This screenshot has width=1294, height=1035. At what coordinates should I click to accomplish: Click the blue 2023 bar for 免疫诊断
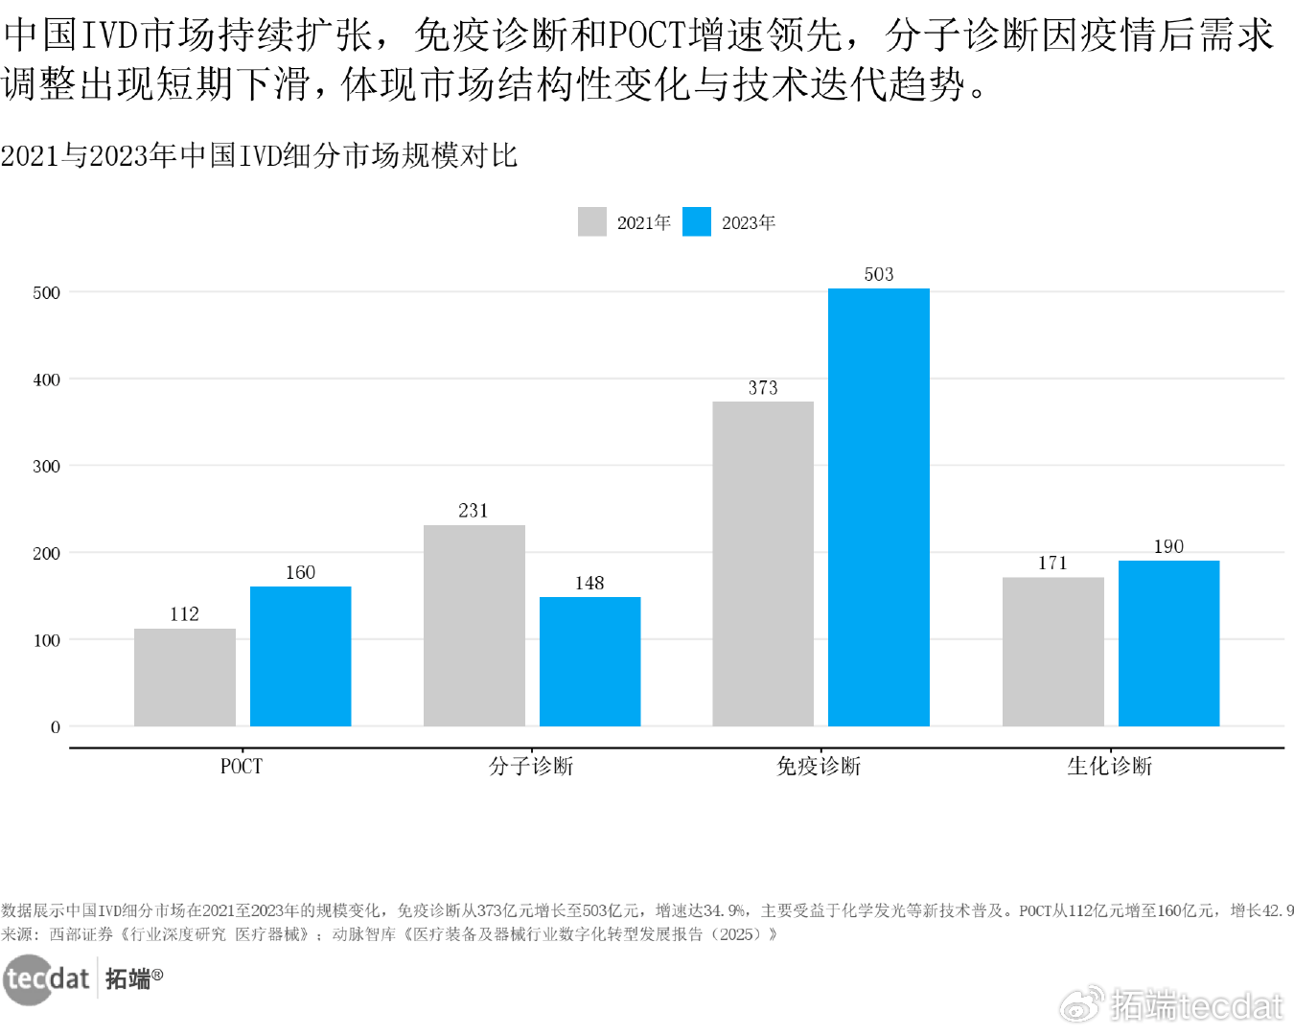coord(878,507)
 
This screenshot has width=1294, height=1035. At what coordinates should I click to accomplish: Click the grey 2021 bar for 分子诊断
coord(474,625)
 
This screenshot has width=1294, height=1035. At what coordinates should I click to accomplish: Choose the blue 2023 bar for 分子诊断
coord(589,661)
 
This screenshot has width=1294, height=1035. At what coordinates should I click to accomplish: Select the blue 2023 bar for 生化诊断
coord(1168,643)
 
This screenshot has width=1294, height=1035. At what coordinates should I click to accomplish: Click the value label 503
coord(878,275)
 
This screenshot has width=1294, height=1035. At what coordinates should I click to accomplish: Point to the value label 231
coord(474,511)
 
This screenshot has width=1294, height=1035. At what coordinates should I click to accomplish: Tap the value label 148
coord(589,584)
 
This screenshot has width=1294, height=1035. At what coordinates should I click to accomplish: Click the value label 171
coord(1052,563)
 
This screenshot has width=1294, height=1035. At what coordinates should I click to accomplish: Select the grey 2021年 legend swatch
coord(592,222)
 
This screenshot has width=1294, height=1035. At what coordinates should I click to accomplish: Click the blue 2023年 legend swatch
coord(697,222)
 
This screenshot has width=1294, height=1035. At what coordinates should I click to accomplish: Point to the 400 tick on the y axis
coord(46,379)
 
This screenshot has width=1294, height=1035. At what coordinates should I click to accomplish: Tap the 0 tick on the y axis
coord(55,727)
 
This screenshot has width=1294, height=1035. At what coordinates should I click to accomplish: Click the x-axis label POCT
coord(242,767)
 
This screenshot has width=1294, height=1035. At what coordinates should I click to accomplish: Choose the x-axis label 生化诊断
coord(1109,767)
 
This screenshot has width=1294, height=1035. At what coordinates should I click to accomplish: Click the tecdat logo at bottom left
coord(48,978)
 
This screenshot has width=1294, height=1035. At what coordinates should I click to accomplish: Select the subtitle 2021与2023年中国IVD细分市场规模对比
coord(259,155)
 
